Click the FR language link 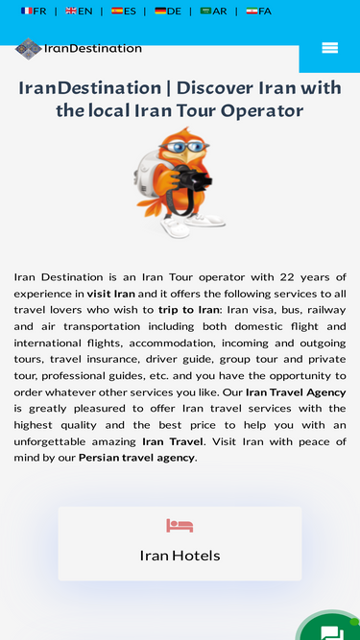[x=34, y=12]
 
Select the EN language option [x=79, y=12]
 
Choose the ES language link [x=123, y=12]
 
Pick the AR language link [x=213, y=12]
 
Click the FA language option [x=258, y=12]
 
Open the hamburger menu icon [x=329, y=48]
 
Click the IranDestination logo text [x=92, y=48]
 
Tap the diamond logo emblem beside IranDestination [x=29, y=49]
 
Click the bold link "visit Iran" [x=111, y=294]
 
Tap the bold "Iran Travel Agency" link [x=296, y=392]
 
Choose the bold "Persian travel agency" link [x=137, y=458]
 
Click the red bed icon [x=180, y=526]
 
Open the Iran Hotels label [x=180, y=556]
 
